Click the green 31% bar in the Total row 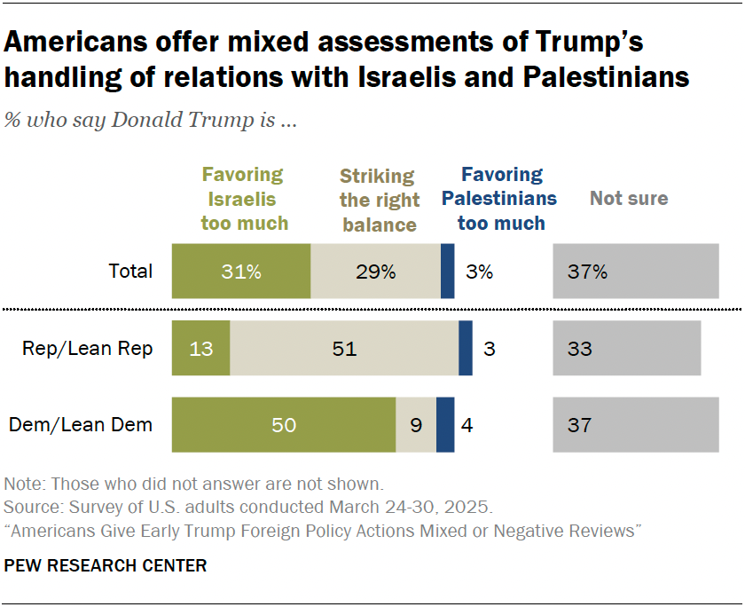(241, 271)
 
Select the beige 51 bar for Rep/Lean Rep (344, 349)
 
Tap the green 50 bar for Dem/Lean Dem (283, 425)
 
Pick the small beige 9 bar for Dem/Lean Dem (416, 425)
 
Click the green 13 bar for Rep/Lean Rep (200, 349)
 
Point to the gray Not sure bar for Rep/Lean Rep (626, 349)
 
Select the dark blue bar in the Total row (447, 271)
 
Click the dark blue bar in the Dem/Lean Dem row (445, 425)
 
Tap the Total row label (130, 272)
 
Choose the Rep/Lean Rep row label (88, 349)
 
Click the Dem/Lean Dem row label (81, 425)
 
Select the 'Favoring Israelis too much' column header (244, 199)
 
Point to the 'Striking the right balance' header (379, 200)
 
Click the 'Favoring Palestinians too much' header (501, 199)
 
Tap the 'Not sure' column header (629, 198)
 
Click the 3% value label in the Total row (480, 272)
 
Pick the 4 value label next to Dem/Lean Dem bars (467, 425)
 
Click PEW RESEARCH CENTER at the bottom (106, 565)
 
